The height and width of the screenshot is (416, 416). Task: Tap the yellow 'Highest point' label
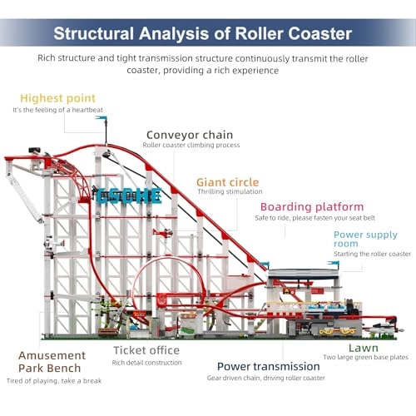pyautogui.click(x=57, y=98)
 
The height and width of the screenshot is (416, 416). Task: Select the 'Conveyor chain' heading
pyautogui.click(x=189, y=134)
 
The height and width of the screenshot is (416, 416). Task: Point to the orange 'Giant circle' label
pyautogui.click(x=227, y=181)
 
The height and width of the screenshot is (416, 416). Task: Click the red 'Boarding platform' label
pyautogui.click(x=311, y=207)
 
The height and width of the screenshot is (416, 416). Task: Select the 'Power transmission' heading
pyautogui.click(x=268, y=366)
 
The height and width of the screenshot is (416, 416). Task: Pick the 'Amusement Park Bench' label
pyautogui.click(x=52, y=361)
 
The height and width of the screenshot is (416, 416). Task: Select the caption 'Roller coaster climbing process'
pyautogui.click(x=191, y=145)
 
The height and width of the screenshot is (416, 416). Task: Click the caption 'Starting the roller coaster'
pyautogui.click(x=372, y=254)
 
